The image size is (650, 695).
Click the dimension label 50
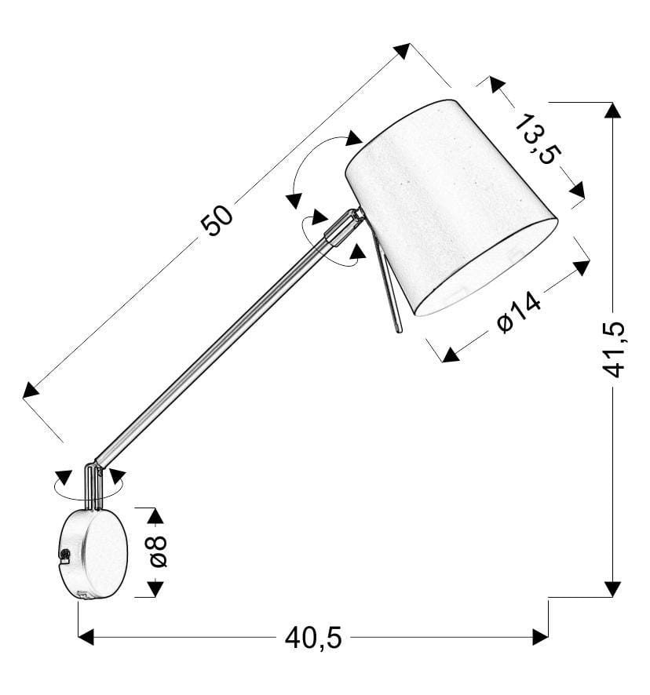tap(217, 220)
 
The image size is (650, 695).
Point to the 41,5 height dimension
tap(613, 349)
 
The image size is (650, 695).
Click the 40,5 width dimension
tap(313, 638)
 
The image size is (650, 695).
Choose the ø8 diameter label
tap(159, 551)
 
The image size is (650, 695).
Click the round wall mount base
tap(93, 554)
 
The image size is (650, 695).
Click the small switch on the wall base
tap(64, 556)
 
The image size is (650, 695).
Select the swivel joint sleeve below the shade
tap(345, 227)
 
